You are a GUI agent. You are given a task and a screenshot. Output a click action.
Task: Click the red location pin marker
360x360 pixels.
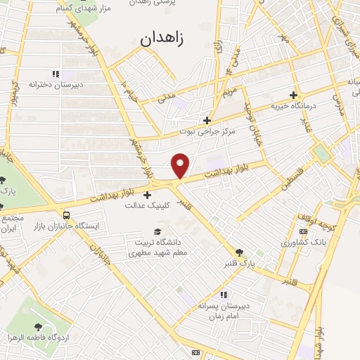(181, 165)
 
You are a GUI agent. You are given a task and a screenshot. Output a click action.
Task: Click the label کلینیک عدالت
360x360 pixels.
(145, 206)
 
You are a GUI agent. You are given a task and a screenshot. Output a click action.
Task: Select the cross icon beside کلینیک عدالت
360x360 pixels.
(147, 195)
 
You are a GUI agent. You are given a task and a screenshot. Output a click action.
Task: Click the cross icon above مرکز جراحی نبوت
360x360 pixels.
(206, 120)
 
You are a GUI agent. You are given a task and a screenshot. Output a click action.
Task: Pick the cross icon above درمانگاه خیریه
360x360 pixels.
(294, 95)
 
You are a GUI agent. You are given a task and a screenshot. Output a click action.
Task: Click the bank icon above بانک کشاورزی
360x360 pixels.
(303, 231)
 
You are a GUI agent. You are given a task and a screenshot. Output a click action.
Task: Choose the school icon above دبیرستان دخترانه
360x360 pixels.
(56, 73)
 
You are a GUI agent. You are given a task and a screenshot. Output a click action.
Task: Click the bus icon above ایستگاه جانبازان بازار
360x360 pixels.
(66, 216)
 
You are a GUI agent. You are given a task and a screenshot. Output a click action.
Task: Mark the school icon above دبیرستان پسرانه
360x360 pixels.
(224, 294)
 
